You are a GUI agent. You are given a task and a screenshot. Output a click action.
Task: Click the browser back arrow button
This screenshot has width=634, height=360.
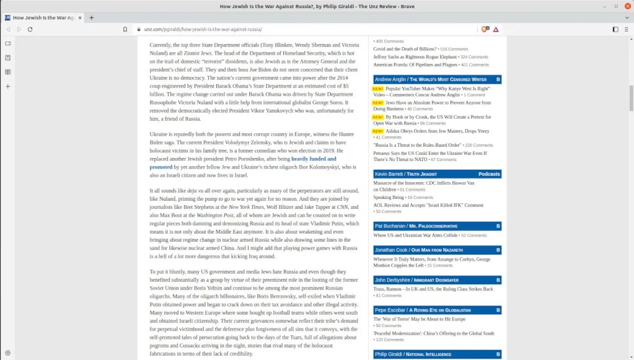click(x=8, y=29)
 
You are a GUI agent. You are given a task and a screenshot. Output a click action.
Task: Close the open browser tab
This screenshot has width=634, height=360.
click(x=79, y=17)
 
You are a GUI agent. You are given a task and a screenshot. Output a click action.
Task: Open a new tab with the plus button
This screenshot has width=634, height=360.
click(x=92, y=17)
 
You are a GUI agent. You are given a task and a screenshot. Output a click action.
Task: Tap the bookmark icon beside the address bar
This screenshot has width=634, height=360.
click(x=125, y=29)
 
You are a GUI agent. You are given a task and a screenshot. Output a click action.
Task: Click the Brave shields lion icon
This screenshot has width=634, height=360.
click(x=485, y=29)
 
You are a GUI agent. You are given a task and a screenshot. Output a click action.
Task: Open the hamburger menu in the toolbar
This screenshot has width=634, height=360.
click(x=626, y=29)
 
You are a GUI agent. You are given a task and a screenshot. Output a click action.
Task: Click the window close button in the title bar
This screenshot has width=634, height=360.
click(x=626, y=6)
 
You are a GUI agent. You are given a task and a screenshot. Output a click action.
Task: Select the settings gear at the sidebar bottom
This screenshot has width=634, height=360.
click(x=8, y=353)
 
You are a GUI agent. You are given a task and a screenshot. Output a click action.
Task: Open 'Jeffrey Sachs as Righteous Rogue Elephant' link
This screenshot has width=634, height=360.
click(x=407, y=57)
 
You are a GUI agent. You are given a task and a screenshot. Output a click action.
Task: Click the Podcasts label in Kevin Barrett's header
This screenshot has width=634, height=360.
click(x=489, y=174)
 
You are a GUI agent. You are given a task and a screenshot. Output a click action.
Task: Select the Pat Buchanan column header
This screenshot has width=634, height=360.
click(x=416, y=226)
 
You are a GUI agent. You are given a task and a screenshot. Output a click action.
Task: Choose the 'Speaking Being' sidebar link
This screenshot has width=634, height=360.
click(x=389, y=197)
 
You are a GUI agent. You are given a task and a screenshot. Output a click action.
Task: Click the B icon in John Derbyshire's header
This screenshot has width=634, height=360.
click(x=498, y=280)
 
